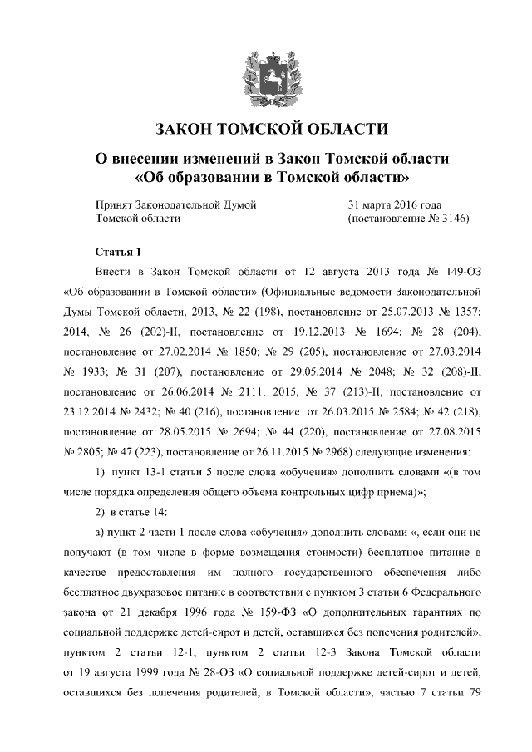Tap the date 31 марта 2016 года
[394, 204]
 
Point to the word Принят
[116, 204]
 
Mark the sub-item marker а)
[101, 531]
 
